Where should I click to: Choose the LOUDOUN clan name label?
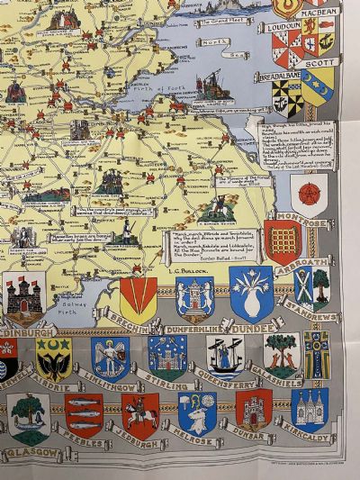click(286, 27)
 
